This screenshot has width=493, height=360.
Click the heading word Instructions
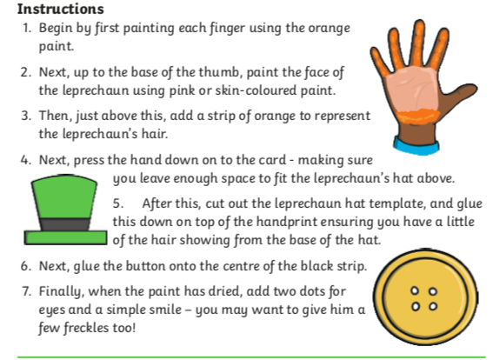(60, 9)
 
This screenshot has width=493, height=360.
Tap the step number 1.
(27, 29)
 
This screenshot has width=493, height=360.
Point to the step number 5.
(118, 203)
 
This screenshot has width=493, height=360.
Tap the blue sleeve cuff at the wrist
(416, 146)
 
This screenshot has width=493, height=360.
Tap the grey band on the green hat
(64, 224)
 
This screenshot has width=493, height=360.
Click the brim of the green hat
(65, 237)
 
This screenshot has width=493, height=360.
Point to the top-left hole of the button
(416, 291)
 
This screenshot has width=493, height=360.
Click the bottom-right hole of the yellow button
(433, 306)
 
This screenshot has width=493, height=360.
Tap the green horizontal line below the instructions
(251, 357)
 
